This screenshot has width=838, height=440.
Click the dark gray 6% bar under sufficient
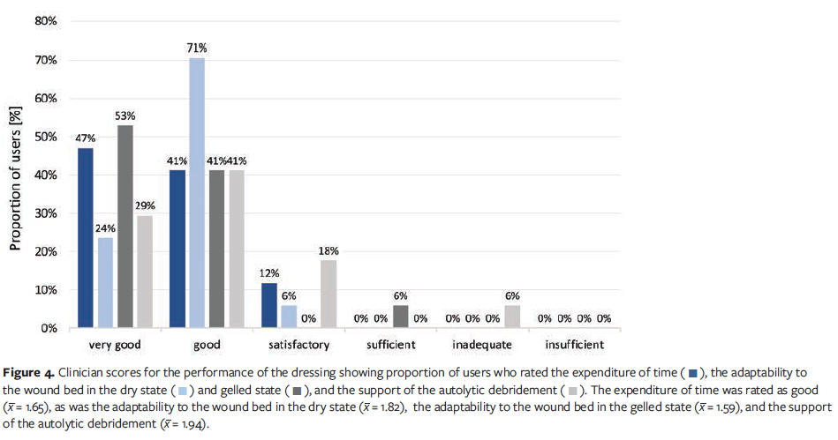click(401, 317)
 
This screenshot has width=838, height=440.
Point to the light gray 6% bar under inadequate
click(512, 317)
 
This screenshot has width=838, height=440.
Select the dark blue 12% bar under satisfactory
click(269, 305)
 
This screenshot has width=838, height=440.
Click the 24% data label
click(104, 227)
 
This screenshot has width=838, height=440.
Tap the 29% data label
click(144, 205)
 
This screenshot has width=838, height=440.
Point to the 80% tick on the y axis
click(46, 21)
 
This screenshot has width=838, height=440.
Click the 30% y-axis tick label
click(46, 213)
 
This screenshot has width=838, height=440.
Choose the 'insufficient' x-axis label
click(575, 345)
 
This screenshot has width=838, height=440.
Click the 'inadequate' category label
click(481, 345)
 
